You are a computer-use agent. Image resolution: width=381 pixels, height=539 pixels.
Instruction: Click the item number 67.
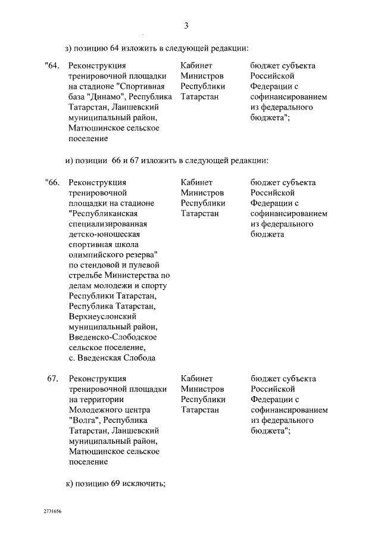tap(52, 378)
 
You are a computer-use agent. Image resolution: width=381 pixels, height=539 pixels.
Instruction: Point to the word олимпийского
tap(98, 255)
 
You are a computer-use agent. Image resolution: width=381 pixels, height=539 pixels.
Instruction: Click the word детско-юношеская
tap(107, 234)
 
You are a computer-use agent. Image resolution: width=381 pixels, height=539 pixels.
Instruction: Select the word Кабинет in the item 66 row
tap(196, 182)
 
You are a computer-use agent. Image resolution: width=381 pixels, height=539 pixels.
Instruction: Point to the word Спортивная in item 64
tap(146, 86)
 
